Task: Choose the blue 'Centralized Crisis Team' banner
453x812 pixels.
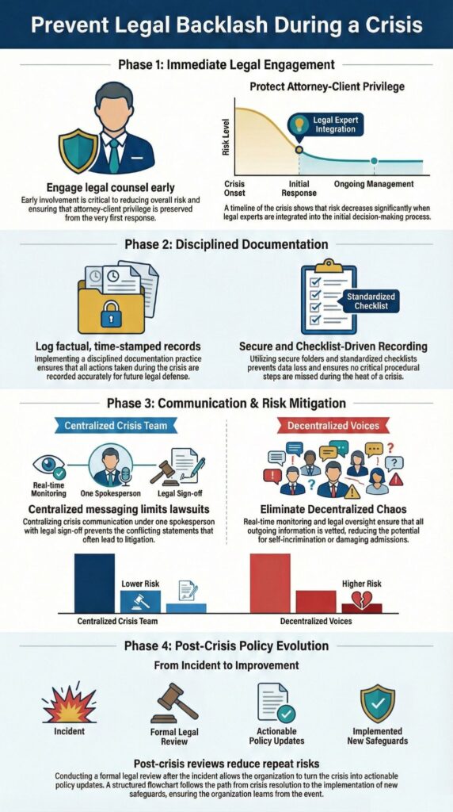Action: (x=112, y=426)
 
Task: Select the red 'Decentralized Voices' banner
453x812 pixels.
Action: (x=340, y=426)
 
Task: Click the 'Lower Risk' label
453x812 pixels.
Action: (x=140, y=584)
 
